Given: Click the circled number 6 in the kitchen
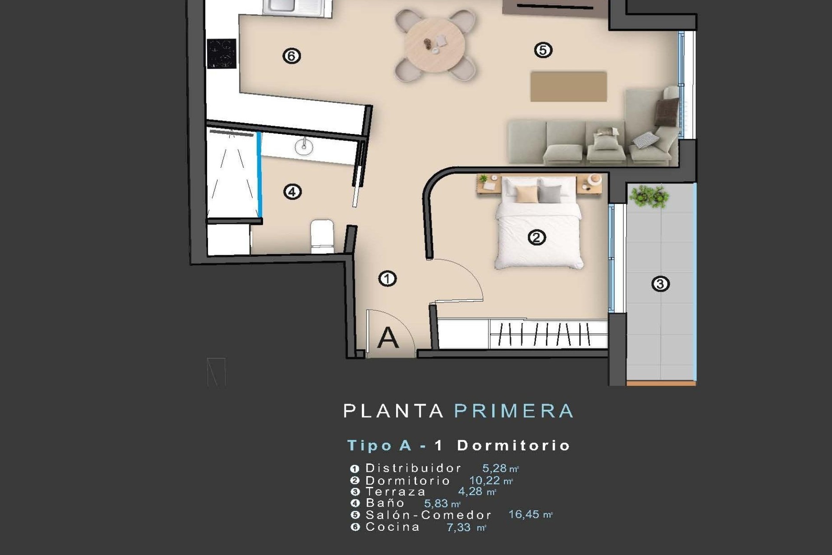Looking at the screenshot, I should (x=291, y=56).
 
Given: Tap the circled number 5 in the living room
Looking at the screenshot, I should (x=543, y=50).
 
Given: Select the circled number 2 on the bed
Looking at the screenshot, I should (x=536, y=238).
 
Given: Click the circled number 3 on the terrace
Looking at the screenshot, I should (x=660, y=284).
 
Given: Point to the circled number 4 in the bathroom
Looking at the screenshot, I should (x=292, y=192).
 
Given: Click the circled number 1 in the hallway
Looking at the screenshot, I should (x=387, y=278).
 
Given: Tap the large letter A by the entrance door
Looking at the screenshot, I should (x=388, y=338).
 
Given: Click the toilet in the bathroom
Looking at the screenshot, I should (x=322, y=236).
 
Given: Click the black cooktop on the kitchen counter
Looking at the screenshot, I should (x=221, y=54).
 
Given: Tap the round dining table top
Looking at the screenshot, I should (x=435, y=44).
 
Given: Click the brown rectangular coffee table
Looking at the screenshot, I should (x=569, y=87).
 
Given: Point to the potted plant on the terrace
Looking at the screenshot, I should (x=649, y=196).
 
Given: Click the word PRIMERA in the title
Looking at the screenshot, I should (x=514, y=411).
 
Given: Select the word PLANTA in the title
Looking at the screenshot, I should (x=393, y=411).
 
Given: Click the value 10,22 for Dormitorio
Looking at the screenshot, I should (x=484, y=480).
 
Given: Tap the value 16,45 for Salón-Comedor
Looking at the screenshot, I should (x=523, y=515).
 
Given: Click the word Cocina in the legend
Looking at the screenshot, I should (x=393, y=527).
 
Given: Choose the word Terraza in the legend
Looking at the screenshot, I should (x=396, y=492).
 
